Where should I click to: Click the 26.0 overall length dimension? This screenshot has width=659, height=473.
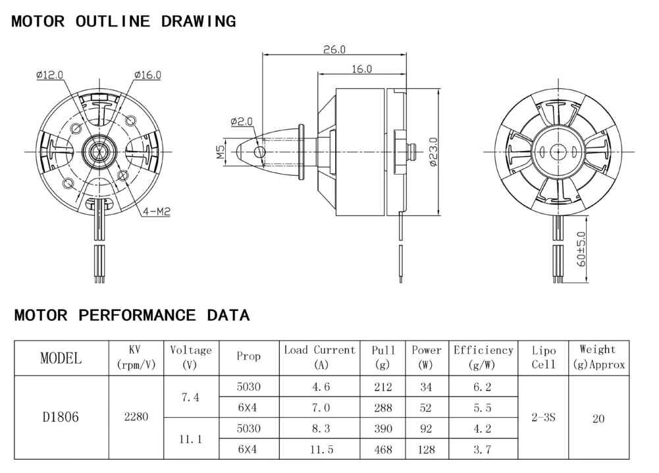coord(334,49)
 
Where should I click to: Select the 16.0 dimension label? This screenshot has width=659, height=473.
coord(362,69)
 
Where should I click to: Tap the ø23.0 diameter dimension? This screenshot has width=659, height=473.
coord(433,152)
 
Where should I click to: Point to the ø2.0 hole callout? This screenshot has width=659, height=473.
coord(242,121)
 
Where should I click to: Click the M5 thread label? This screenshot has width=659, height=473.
coord(221,152)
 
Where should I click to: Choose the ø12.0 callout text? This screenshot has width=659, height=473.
coord(49,75)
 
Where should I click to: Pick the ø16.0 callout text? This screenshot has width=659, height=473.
coord(147,75)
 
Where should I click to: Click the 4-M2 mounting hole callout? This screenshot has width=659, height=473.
coord(156,211)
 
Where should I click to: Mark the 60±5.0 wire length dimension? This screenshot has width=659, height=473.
coord(581,249)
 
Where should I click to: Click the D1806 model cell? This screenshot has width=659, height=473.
coord(61,416)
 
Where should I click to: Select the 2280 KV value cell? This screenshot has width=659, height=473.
coord(136,416)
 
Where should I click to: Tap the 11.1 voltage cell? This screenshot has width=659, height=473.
coord(191,439)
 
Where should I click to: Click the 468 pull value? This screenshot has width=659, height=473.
coord(383,449)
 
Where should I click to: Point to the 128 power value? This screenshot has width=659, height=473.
coord(426,449)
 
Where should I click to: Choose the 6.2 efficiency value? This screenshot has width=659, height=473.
coord(483,387)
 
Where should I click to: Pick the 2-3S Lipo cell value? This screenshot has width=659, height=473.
coord(543,417)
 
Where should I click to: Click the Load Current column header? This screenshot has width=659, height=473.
coord(320,356)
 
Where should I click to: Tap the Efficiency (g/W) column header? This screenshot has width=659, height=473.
coord(483,357)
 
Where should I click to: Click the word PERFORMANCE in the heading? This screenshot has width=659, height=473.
coord(137,315)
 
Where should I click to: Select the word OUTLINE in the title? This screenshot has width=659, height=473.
coord(113,21)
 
